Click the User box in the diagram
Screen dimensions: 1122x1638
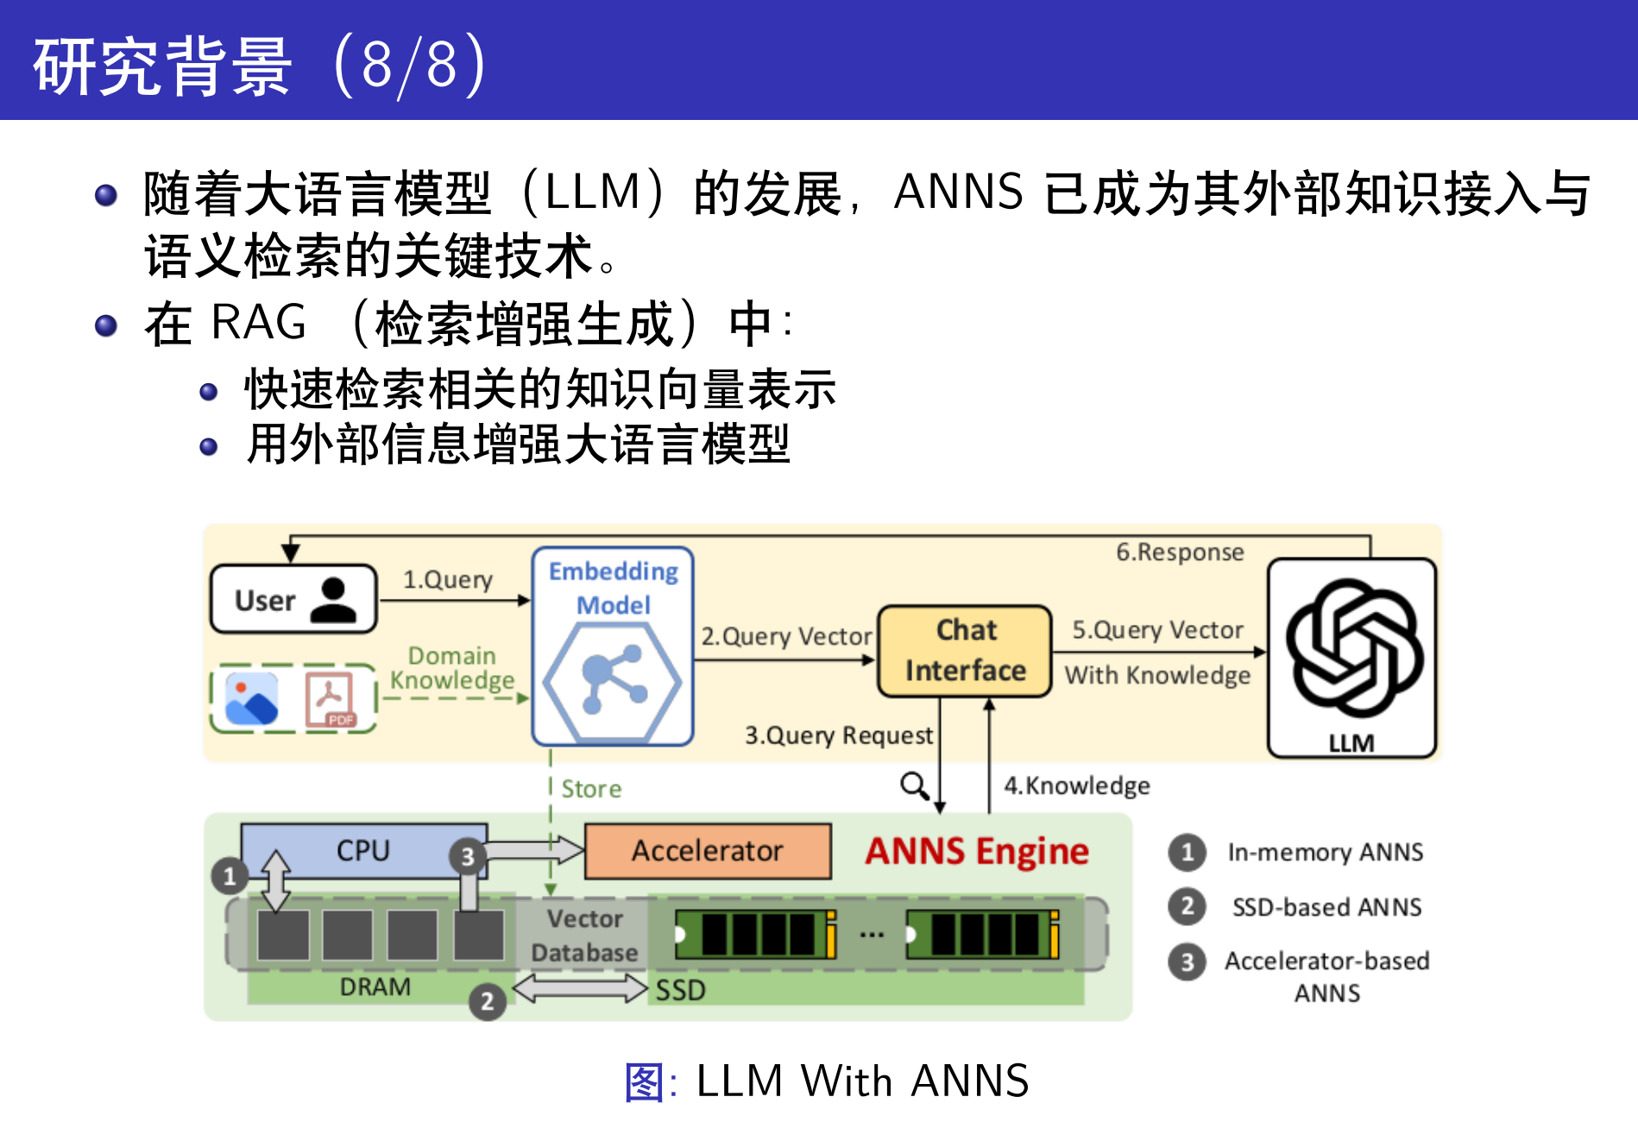coord(293,599)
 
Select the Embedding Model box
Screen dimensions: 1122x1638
coord(613,646)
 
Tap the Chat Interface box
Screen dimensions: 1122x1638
coord(965,651)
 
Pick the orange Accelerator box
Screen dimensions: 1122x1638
coord(708,851)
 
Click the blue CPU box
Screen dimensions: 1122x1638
coord(363,851)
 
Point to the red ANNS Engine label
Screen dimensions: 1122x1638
coord(977,851)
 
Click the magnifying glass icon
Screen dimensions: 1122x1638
coord(914,785)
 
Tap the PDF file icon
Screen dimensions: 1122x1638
coord(330,699)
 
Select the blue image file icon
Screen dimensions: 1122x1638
coord(251,699)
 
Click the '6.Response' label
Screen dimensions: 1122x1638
coord(1180,552)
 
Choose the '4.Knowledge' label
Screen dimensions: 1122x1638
coord(1076,785)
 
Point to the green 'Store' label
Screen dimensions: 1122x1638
coord(591,789)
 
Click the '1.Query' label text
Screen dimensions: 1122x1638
coord(448,579)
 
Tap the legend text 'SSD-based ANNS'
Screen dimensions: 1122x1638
coord(1326,907)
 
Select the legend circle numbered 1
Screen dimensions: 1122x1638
coord(1188,852)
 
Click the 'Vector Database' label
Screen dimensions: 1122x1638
coord(584,936)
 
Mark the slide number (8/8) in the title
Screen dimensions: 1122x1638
coord(410,65)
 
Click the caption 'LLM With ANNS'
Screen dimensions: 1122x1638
coord(862,1081)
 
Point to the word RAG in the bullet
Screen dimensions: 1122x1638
coord(259,323)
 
